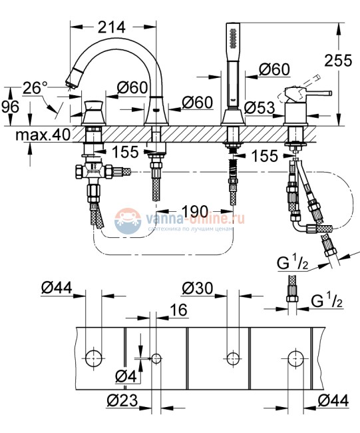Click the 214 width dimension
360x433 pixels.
(111, 27)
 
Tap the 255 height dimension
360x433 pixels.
(338, 60)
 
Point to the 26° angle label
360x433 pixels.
(35, 88)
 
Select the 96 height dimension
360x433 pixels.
(10, 107)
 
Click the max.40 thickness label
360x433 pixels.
(43, 135)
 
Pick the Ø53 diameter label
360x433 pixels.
(260, 108)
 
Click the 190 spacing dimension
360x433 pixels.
(196, 212)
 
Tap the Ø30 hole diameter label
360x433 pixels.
(198, 288)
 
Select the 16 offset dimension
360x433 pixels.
(178, 310)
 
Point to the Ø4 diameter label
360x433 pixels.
(126, 376)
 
